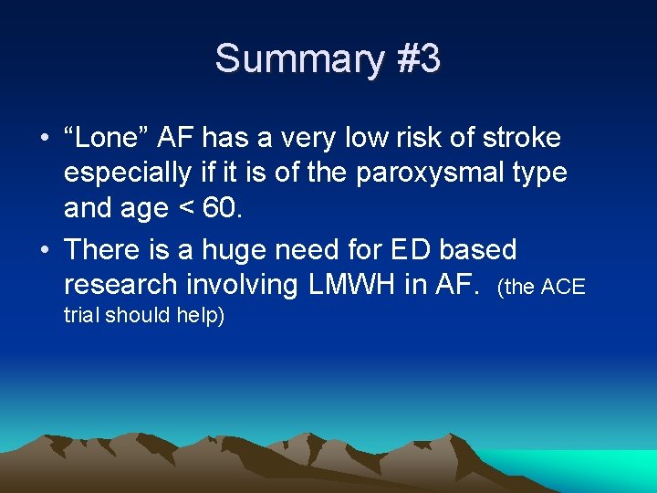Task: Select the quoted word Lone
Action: click(x=102, y=139)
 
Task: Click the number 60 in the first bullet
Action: click(x=221, y=208)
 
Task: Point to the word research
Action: click(x=123, y=285)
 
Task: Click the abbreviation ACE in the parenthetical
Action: click(x=563, y=288)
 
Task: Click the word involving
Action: click(x=247, y=285)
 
